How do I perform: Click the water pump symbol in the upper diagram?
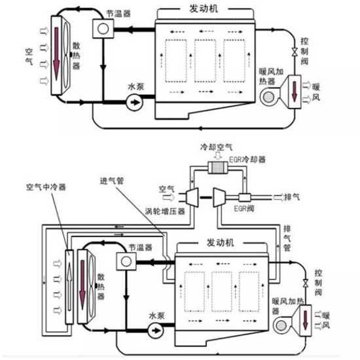[134, 102]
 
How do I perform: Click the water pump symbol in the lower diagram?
[156, 331]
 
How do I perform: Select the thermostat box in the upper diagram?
[103, 29]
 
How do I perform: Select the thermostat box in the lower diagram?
[126, 261]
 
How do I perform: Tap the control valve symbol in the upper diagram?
[295, 52]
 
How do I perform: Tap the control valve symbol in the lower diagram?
[306, 283]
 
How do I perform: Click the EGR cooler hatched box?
[218, 168]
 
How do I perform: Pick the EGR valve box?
[245, 198]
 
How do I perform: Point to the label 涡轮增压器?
[165, 211]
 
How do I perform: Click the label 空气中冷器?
[46, 187]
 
